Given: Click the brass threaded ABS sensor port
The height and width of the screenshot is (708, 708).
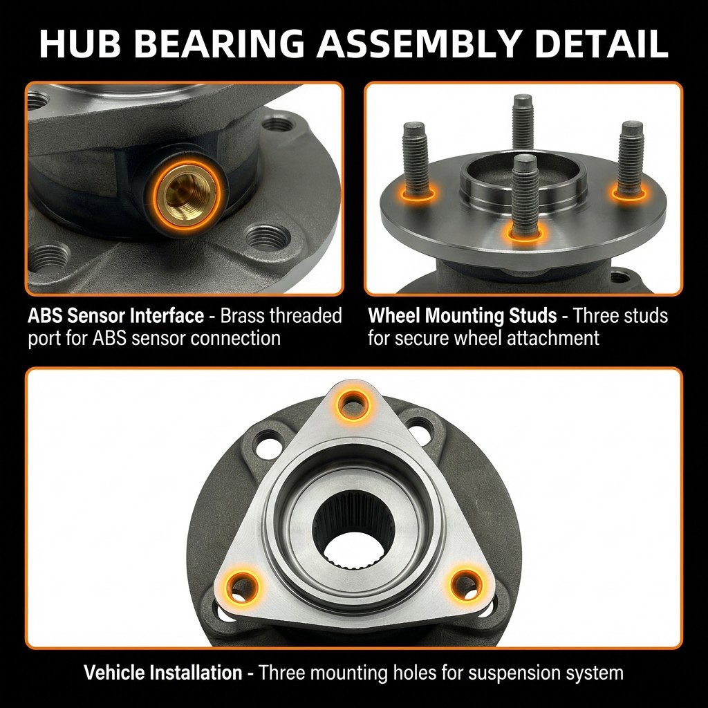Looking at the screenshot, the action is click(187, 194).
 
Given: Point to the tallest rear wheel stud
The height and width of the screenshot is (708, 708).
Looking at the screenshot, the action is click(523, 121).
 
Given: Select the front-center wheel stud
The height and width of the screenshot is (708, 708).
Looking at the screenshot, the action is click(524, 194).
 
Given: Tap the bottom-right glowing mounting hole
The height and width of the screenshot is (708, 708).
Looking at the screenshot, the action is click(465, 584).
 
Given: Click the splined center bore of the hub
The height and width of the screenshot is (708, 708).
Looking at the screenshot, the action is click(354, 519).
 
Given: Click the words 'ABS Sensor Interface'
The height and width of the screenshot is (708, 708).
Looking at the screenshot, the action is click(115, 316).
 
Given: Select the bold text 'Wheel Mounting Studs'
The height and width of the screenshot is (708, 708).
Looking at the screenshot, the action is click(463, 316).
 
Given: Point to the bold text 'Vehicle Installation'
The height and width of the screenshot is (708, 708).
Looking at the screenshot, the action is click(163, 673).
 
